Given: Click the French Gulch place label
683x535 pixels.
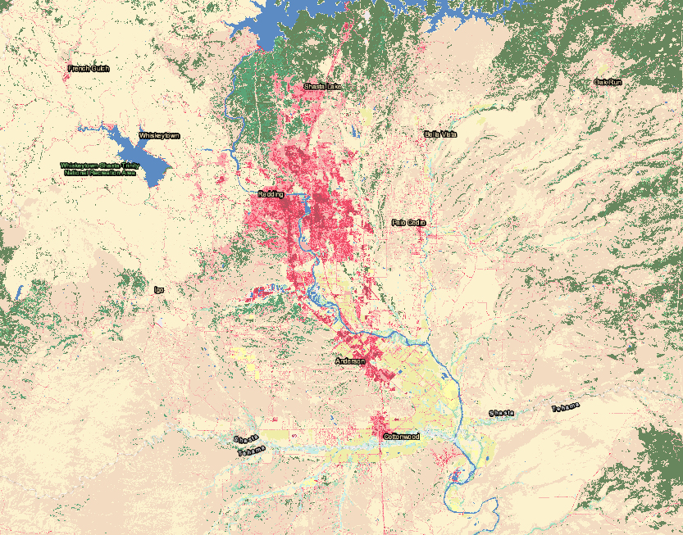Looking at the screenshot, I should click(89, 69).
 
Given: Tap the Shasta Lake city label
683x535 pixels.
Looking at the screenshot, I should click(324, 86).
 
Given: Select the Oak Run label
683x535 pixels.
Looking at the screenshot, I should click(608, 82).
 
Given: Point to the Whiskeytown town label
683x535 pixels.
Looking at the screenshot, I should click(159, 135).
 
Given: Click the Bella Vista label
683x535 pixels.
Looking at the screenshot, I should click(440, 134).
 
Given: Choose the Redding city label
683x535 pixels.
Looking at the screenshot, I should click(271, 194).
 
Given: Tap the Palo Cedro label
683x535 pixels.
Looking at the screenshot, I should click(408, 222).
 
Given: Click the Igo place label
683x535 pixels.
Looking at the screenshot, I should click(159, 289).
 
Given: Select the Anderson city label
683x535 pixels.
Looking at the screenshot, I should click(350, 360).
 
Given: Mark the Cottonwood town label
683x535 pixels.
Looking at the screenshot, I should click(401, 437).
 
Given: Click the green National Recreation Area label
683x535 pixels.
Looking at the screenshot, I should click(101, 169).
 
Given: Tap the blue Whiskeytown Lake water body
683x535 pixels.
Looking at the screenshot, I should click(139, 156).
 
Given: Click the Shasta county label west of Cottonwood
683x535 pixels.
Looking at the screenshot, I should click(244, 440).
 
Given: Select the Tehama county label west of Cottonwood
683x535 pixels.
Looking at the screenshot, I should click(252, 451).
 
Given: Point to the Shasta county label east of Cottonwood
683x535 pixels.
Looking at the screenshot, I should click(502, 413).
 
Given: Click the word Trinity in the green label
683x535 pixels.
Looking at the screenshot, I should click(128, 165).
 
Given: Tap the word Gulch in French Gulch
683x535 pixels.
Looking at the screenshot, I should click(100, 69).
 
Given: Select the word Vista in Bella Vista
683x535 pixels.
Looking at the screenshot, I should click(449, 134).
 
